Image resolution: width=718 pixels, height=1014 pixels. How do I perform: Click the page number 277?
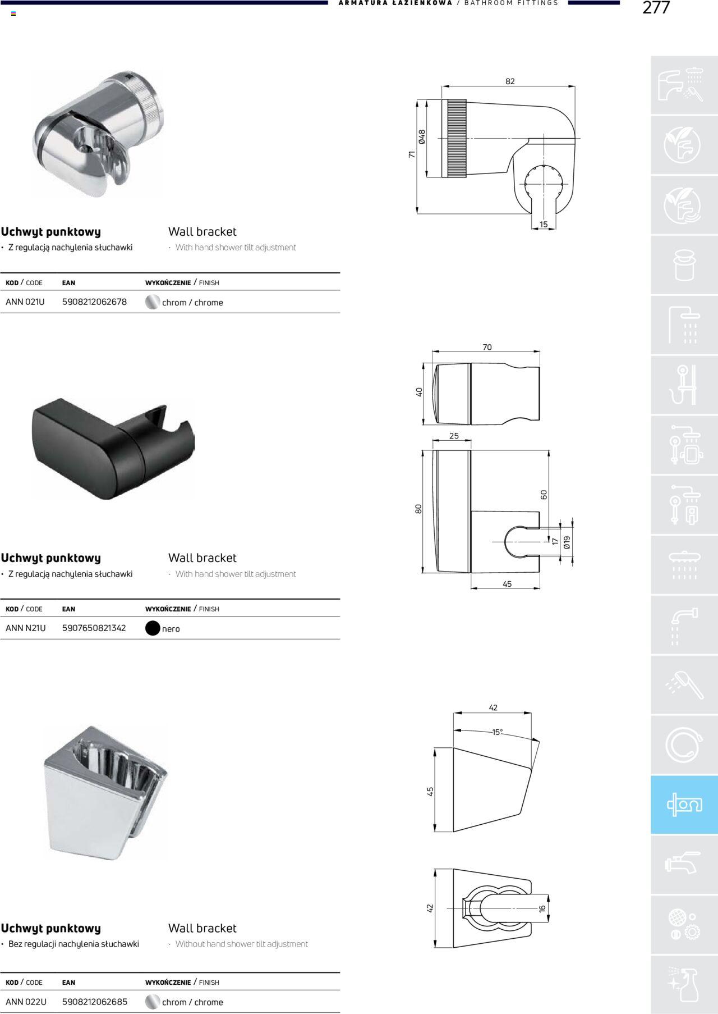(656, 8)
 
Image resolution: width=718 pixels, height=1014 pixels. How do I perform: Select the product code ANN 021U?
(25, 302)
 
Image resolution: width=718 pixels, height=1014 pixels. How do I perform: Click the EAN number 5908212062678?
(94, 302)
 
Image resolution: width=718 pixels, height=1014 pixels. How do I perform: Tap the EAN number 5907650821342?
(94, 628)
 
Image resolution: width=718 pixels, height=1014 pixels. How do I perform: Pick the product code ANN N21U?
(26, 628)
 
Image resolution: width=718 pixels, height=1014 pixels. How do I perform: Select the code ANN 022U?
(26, 1002)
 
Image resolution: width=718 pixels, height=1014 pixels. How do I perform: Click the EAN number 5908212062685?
(95, 1002)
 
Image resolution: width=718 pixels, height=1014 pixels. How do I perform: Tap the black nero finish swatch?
(153, 628)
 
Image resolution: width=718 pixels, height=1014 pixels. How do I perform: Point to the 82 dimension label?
(510, 81)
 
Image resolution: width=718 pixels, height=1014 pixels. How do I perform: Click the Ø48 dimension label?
(422, 137)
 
